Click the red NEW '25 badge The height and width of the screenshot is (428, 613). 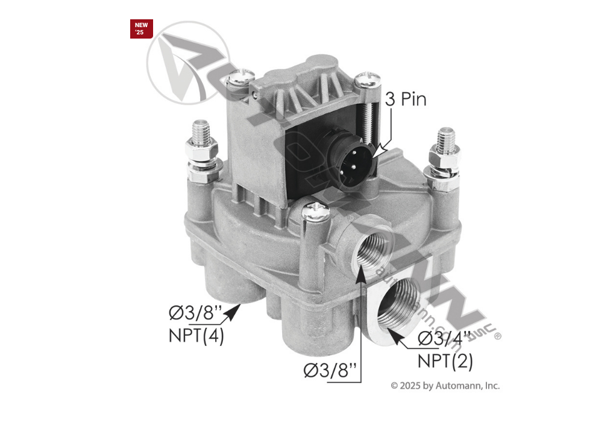(141, 28)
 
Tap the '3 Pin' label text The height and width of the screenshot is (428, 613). (405, 99)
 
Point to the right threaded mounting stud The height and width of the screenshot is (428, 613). (446, 139)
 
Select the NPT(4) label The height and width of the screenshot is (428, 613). (196, 335)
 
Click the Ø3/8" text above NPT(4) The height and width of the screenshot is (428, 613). (195, 314)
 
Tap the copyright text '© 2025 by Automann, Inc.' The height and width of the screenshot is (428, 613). (445, 386)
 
